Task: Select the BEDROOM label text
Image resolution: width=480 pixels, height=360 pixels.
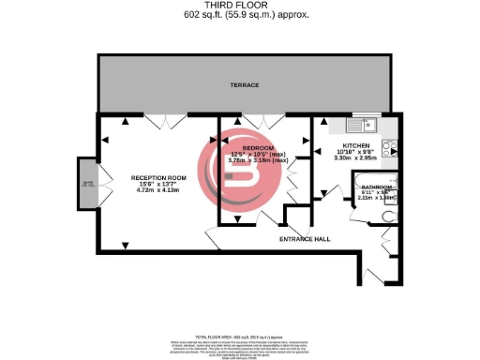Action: [257, 148]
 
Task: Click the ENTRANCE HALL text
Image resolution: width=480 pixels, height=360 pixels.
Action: [305, 239]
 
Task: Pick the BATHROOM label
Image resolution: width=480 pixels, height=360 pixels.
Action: [378, 187]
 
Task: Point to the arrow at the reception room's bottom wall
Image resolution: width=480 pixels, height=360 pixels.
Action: [126, 245]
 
